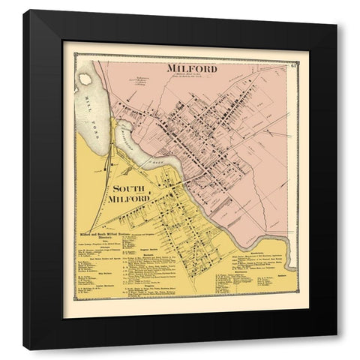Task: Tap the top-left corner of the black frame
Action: pyautogui.click(x=24, y=11)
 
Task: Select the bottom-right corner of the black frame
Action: pyautogui.click(x=336, y=349)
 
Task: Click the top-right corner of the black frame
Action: pyautogui.click(x=336, y=11)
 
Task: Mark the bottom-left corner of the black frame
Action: pyautogui.click(x=24, y=349)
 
